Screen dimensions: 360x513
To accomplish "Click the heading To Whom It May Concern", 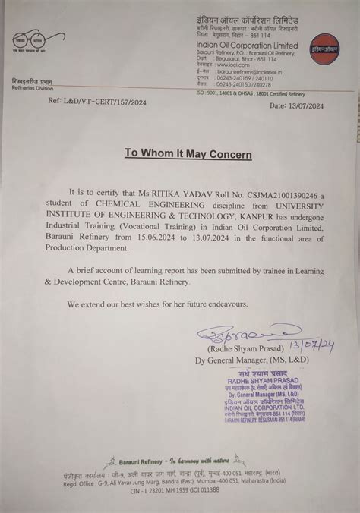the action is coord(188,153).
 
